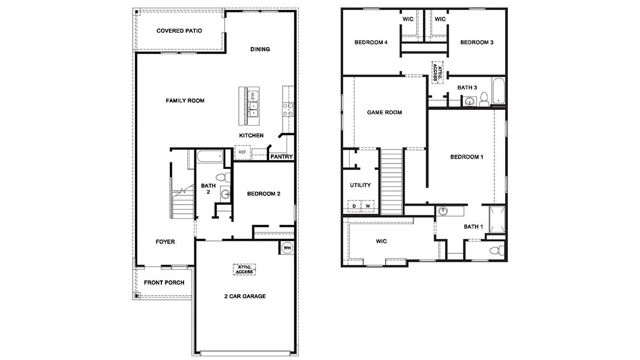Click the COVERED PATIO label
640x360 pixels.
[x=179, y=31]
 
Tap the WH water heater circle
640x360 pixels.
[x=287, y=248]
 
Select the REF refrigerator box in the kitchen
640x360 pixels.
[x=242, y=153]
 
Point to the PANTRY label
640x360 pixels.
[x=282, y=157]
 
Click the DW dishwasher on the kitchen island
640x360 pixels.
[x=252, y=95]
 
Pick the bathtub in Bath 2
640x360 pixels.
[x=209, y=157]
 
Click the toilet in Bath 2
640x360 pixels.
[x=220, y=177]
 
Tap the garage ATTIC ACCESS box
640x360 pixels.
[x=244, y=269]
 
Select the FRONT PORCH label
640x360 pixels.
[x=164, y=283]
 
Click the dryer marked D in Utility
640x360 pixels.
[x=354, y=206]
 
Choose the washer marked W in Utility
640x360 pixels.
[x=367, y=206]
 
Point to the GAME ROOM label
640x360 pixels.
[x=384, y=113]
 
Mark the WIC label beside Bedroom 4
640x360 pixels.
[x=408, y=19]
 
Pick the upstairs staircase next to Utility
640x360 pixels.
[x=391, y=182]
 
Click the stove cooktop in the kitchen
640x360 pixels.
[x=288, y=110]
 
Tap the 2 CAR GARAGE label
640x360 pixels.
[x=245, y=296]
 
